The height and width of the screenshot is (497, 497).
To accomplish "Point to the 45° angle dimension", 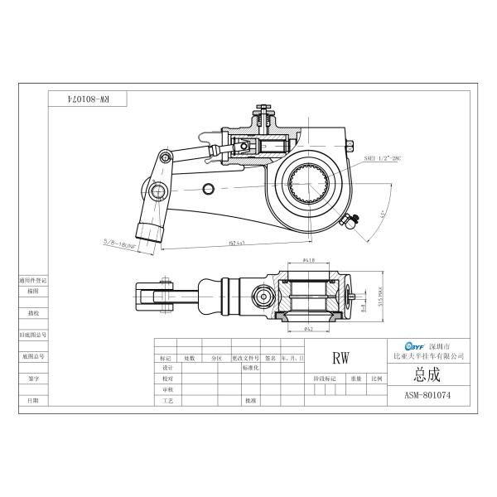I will click(x=383, y=214).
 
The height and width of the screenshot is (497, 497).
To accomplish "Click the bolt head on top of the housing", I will click(x=264, y=109).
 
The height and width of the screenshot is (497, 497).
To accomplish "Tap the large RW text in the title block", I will click(x=340, y=359).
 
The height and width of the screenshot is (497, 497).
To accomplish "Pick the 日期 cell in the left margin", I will click(x=33, y=399).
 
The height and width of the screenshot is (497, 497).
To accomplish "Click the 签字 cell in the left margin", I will click(x=33, y=378).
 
